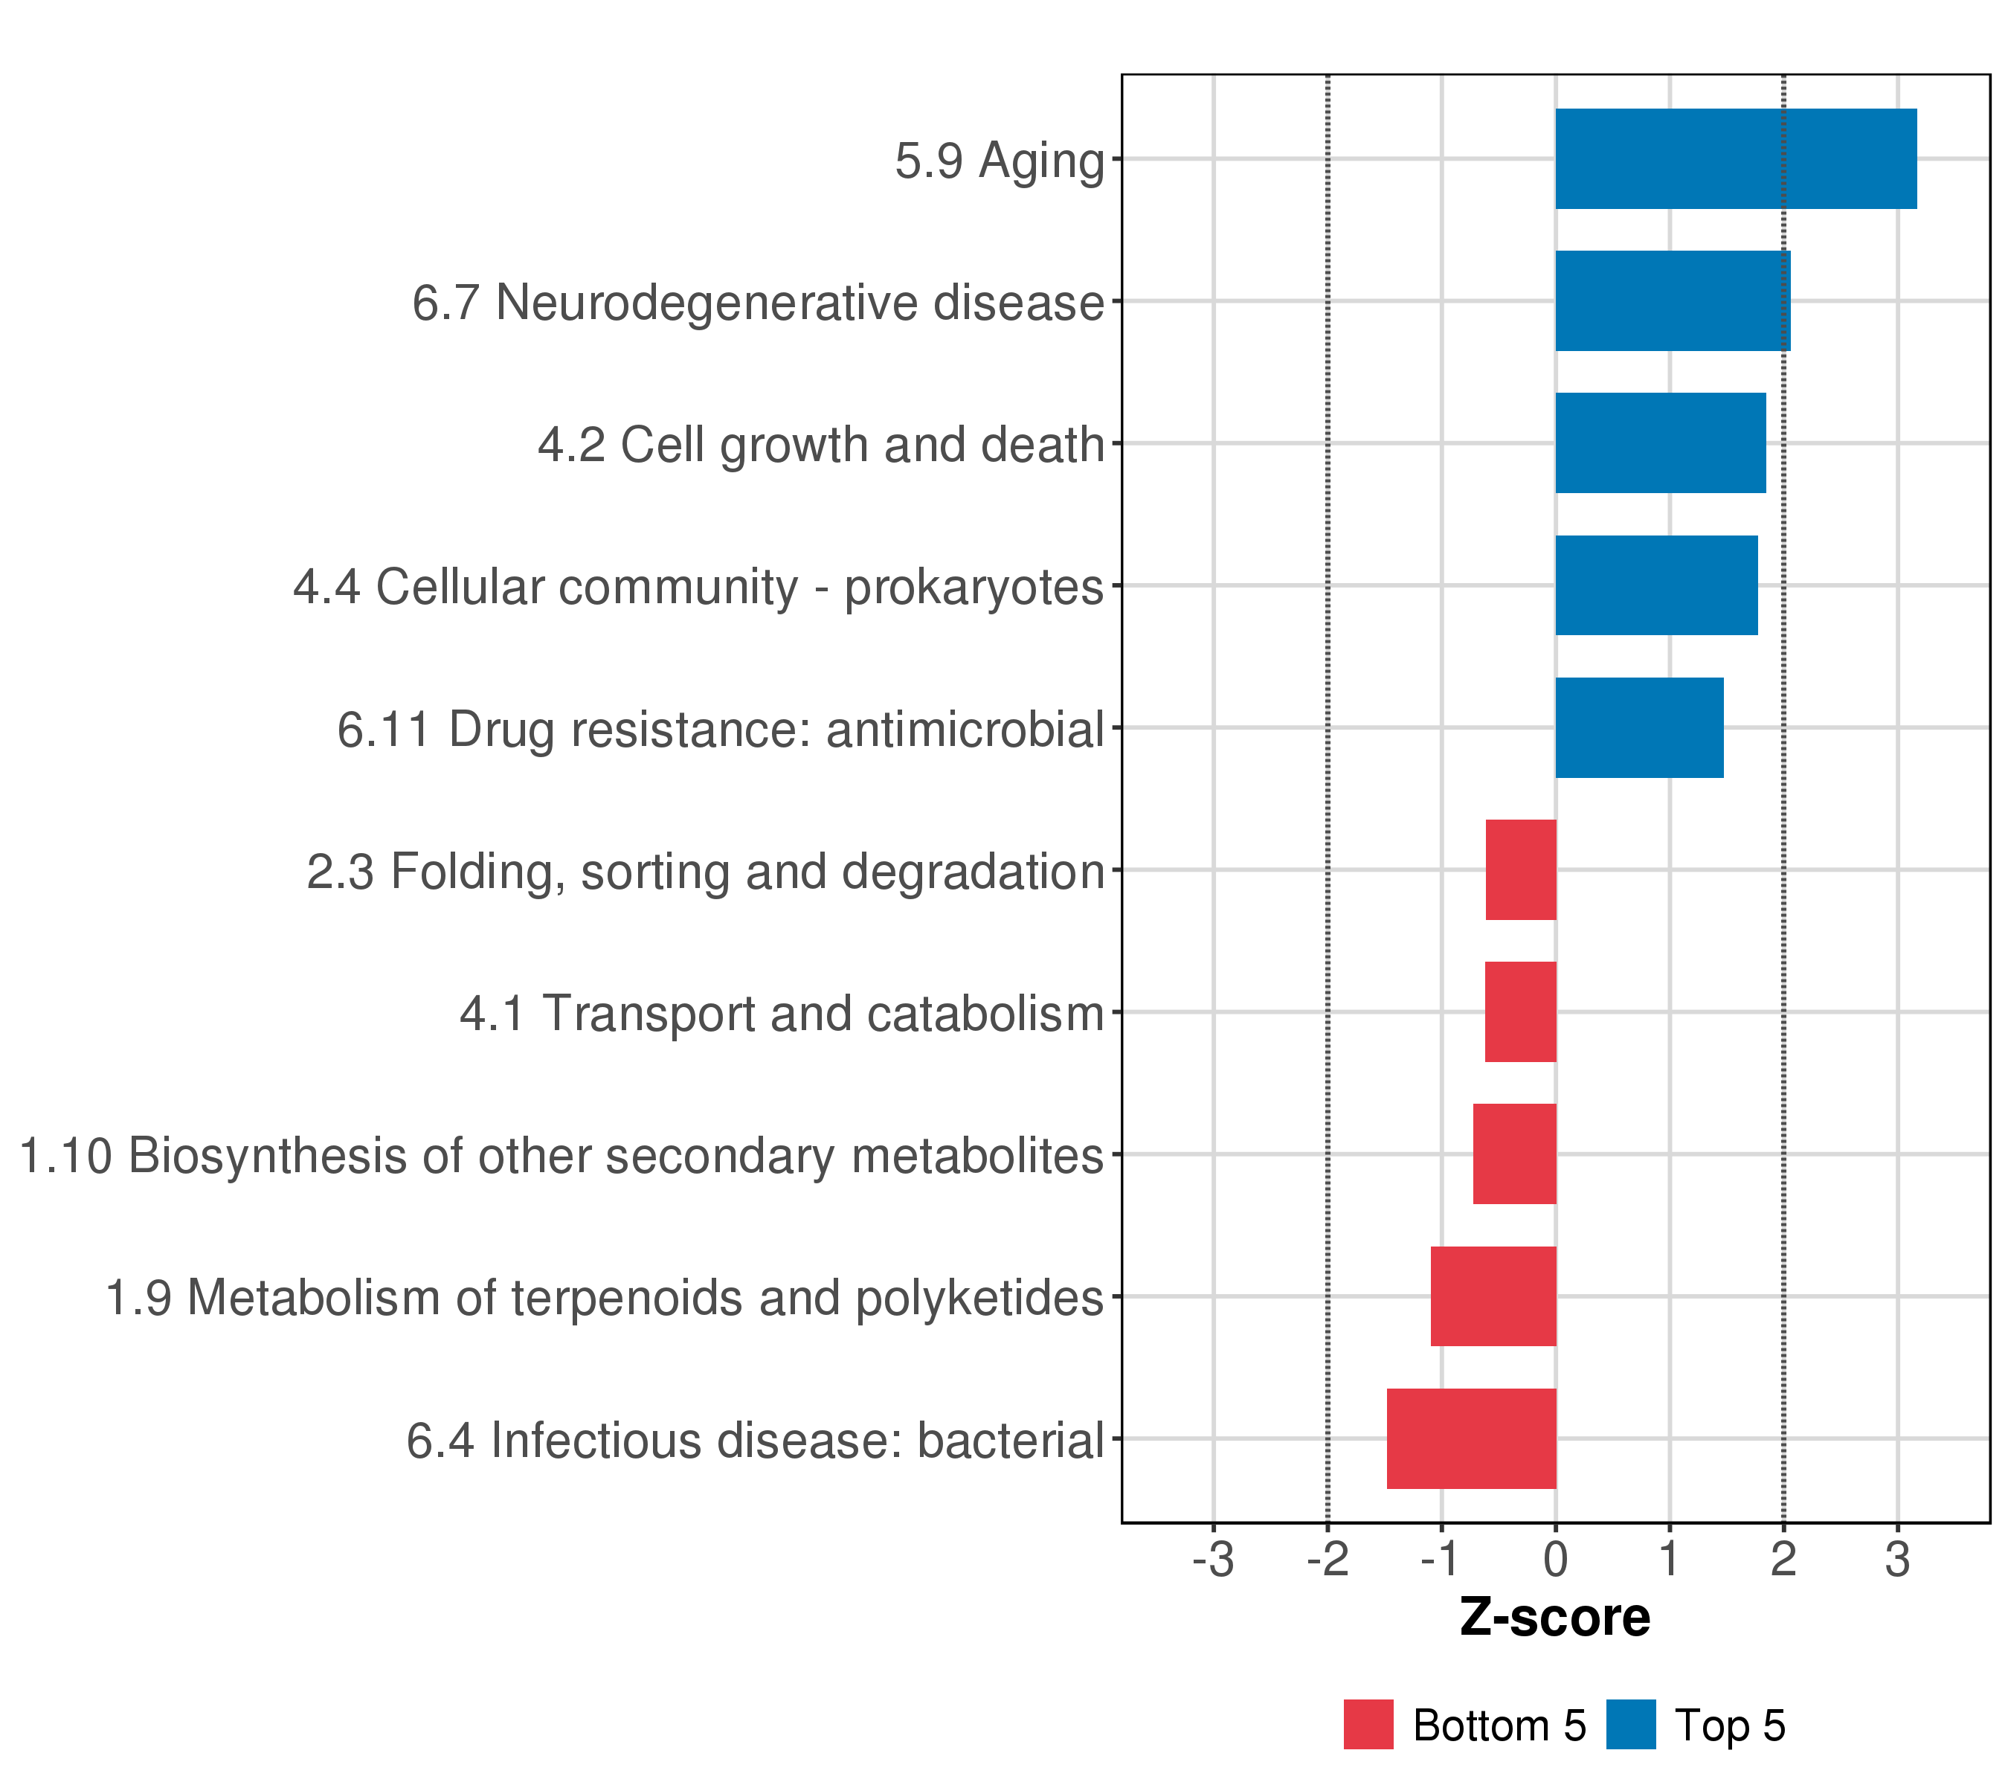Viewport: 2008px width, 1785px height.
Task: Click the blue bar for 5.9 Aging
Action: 1735,158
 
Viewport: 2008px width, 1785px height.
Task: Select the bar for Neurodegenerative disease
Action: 1672,300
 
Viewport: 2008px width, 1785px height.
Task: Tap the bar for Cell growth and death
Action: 1660,443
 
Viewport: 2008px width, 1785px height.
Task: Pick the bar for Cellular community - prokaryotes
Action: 1656,585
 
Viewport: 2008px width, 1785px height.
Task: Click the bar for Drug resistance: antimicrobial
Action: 1638,728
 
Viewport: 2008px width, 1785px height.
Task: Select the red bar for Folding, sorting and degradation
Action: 1521,869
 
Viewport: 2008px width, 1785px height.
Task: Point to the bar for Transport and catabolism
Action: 1521,1011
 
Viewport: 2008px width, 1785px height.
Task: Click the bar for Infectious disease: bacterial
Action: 1472,1438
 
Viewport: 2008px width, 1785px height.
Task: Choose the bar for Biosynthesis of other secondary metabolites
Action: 1515,1154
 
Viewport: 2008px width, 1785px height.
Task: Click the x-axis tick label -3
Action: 1213,1560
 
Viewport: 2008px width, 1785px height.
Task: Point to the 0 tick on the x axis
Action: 1555,1560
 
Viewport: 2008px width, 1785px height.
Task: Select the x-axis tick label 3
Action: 1897,1560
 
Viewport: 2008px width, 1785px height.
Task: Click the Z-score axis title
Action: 1555,1618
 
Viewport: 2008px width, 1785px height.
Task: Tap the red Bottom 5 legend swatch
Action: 1368,1724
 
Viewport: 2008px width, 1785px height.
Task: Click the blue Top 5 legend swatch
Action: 1631,1724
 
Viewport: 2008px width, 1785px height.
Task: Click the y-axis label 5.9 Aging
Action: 999,160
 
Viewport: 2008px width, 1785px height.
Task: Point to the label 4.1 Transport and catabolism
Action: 782,1014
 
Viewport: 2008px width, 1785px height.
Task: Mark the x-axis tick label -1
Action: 1441,1560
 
